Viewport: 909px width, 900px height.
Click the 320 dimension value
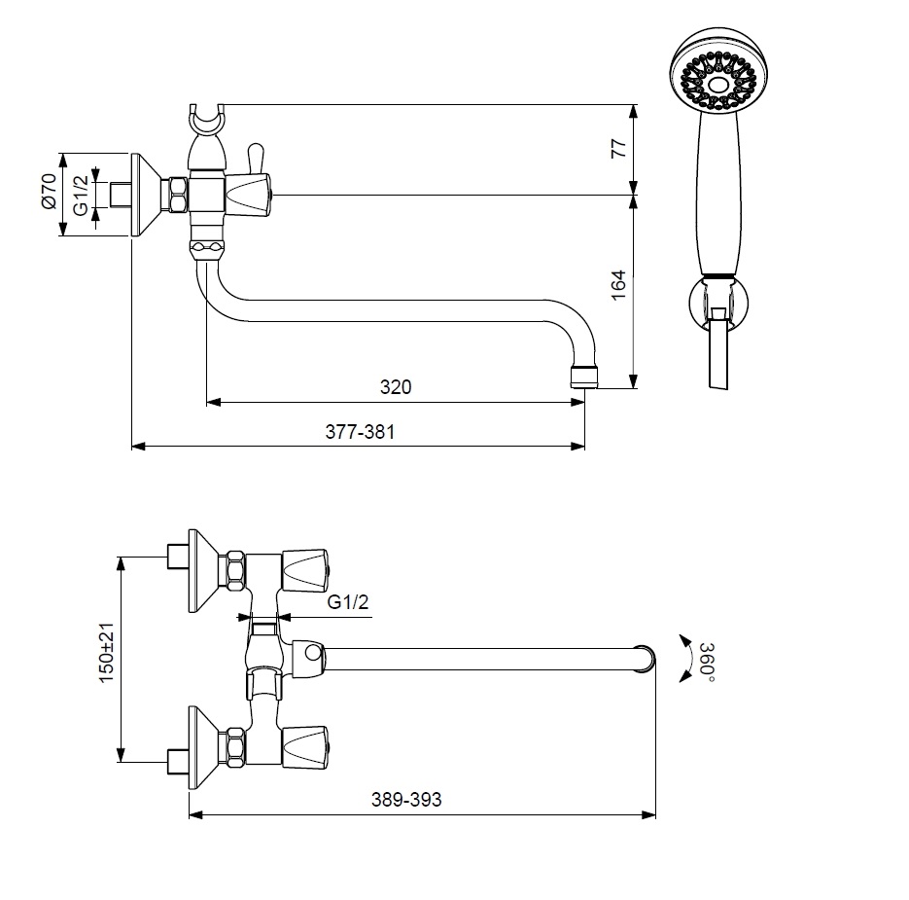click(395, 386)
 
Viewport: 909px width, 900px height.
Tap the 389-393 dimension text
click(405, 800)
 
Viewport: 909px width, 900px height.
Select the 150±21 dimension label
click(106, 658)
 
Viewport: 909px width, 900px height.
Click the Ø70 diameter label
click(48, 194)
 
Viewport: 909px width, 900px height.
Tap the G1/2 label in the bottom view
click(347, 603)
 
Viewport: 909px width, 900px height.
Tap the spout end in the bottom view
click(644, 659)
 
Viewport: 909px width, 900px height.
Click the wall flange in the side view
click(146, 195)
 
